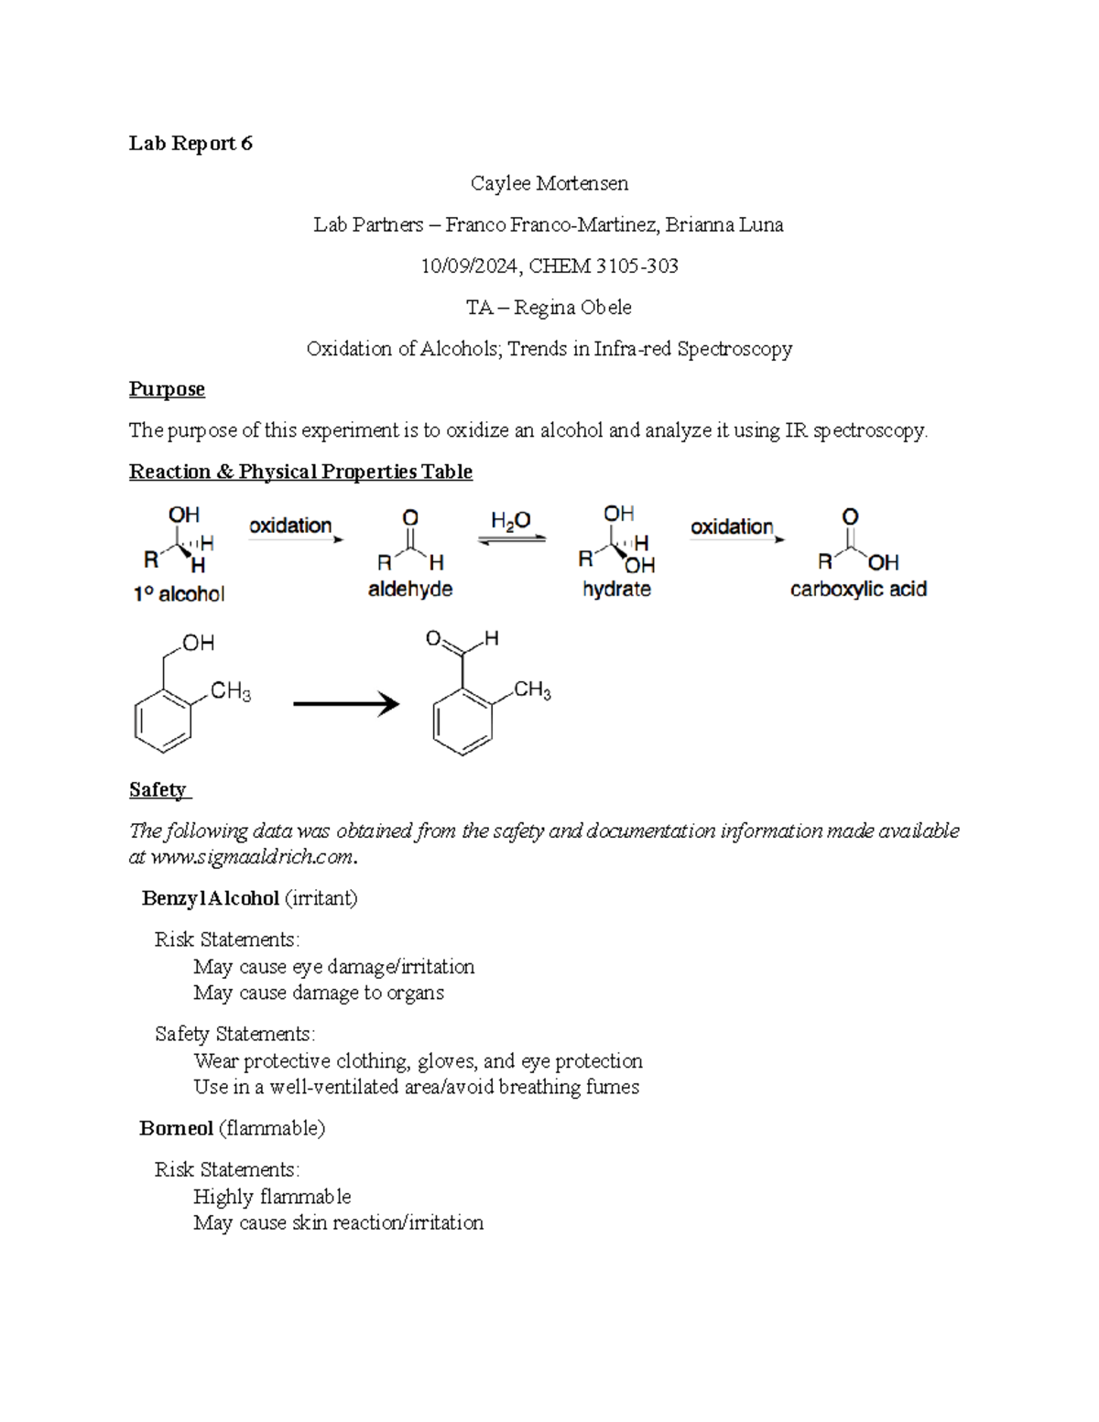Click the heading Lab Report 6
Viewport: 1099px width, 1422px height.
tap(190, 143)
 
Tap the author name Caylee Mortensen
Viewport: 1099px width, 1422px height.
tap(549, 183)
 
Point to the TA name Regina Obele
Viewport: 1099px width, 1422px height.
tap(572, 307)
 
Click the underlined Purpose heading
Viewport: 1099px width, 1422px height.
tap(167, 389)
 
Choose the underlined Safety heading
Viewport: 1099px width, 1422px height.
tap(158, 789)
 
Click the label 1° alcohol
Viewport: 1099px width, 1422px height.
tap(179, 594)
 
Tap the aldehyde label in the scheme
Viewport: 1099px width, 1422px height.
tap(410, 589)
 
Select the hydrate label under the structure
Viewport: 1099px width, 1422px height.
tap(616, 589)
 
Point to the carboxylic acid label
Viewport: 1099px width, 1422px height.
tap(858, 589)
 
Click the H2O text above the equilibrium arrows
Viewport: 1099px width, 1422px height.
tap(510, 521)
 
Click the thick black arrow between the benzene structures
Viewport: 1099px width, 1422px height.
tap(345, 703)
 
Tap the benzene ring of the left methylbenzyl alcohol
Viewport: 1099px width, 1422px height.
tap(163, 720)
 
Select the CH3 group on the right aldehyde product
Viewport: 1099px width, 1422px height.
tap(532, 689)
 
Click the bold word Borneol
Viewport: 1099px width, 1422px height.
tap(176, 1128)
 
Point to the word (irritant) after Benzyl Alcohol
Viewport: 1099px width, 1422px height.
tap(321, 898)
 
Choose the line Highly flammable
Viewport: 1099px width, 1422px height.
tap(272, 1197)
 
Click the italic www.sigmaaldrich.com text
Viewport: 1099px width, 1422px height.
tap(252, 857)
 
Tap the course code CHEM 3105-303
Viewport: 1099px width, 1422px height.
tap(604, 266)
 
